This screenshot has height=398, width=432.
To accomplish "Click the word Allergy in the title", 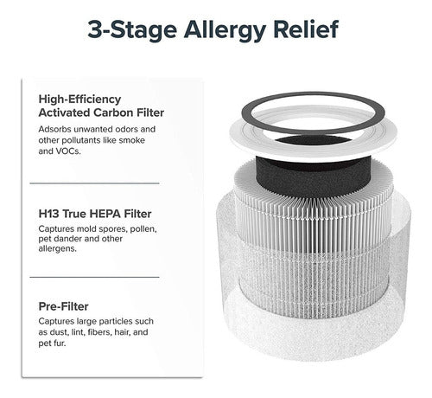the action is tap(225, 29).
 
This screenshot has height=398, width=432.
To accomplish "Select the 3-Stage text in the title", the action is tap(132, 30).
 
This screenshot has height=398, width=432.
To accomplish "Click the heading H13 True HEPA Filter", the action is tap(95, 214).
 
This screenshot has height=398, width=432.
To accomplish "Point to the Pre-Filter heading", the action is tap(63, 306).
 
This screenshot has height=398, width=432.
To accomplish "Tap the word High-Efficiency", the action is tap(79, 99).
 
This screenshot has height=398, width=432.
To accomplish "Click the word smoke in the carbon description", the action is tap(132, 140).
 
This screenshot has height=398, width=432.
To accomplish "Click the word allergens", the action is tap(58, 248).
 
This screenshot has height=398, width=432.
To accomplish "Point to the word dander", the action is tap(67, 239).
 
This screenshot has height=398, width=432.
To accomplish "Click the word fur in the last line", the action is tap(60, 343).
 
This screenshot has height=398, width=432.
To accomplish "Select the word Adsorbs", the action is tap(54, 129).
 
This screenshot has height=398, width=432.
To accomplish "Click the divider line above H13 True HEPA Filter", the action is tap(94, 183).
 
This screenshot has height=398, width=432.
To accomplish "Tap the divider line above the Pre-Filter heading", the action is tap(94, 277).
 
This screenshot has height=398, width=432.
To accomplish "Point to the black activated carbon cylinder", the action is tap(314, 179).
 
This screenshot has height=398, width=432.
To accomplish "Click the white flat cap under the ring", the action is tap(314, 151).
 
